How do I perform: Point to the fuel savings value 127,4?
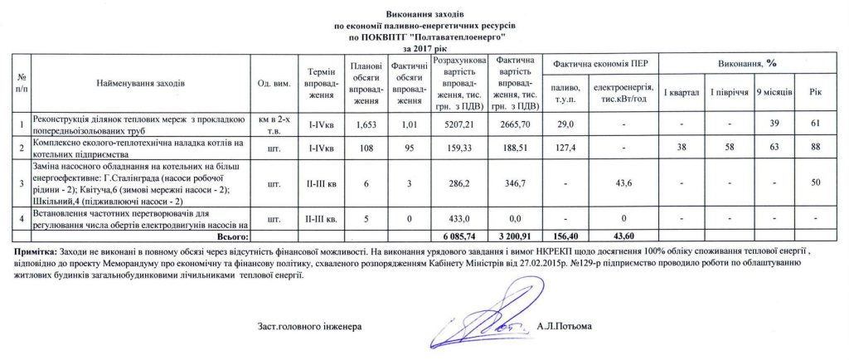pos(565,147)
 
